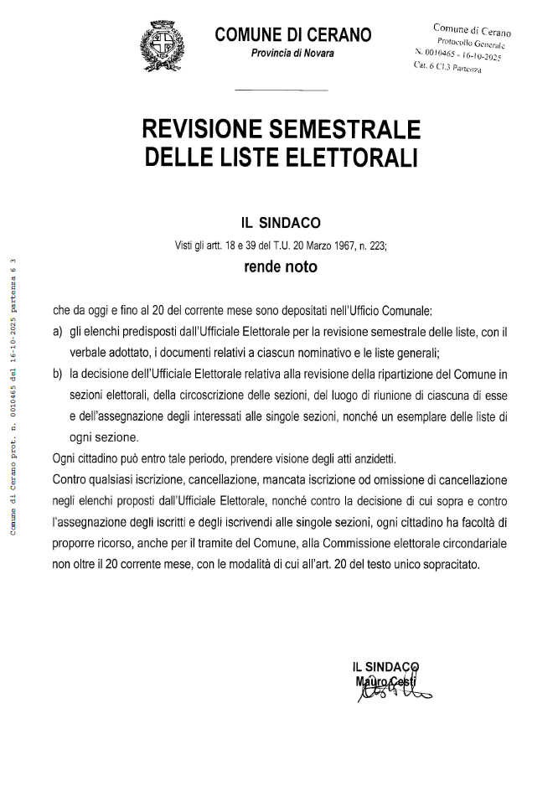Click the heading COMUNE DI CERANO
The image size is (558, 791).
tap(292, 34)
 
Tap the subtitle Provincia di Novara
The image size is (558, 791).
tap(292, 54)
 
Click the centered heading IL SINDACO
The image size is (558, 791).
tap(280, 224)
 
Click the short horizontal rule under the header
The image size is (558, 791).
tap(280, 89)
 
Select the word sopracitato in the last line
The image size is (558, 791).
tap(451, 564)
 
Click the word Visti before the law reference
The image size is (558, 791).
tap(183, 246)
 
